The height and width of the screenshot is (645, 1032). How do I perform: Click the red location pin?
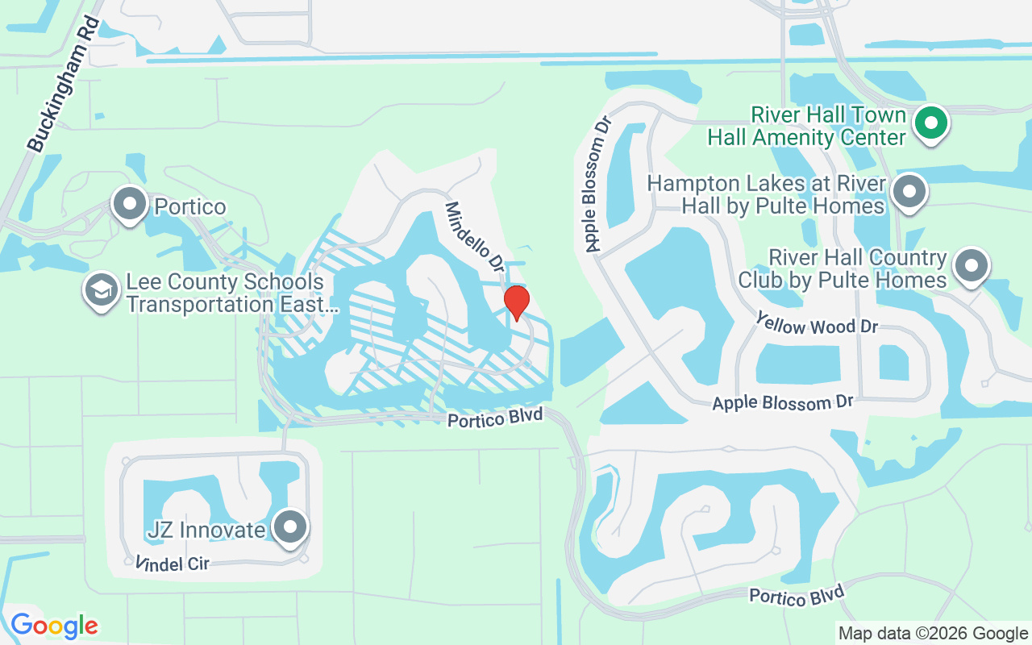tap(516, 303)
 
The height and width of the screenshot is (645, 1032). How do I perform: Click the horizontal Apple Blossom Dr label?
tap(781, 402)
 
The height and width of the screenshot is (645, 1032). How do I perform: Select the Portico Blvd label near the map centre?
tap(495, 418)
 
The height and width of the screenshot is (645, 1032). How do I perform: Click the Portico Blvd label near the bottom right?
tap(796, 595)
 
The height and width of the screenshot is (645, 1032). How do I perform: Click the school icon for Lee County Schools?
tap(101, 291)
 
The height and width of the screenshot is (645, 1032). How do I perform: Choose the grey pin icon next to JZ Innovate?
tap(289, 528)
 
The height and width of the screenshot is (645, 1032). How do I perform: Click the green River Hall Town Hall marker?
tap(931, 124)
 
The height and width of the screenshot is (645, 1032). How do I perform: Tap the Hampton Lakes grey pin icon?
tap(909, 193)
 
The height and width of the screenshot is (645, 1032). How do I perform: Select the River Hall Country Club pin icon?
tap(970, 265)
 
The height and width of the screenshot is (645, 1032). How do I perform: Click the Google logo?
tap(54, 626)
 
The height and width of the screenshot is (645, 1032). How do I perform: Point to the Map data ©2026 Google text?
tap(933, 634)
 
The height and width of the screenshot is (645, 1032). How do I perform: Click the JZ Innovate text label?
tap(206, 530)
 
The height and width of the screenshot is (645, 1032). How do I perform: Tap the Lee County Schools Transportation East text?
tap(225, 293)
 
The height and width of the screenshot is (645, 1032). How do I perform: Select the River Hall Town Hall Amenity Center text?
tap(807, 126)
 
